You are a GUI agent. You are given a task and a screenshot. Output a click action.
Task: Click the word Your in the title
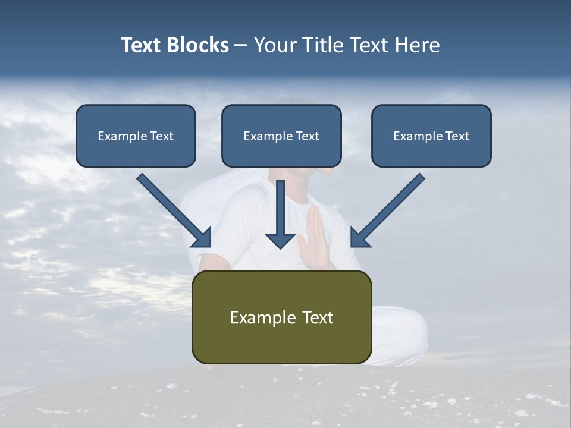click(275, 45)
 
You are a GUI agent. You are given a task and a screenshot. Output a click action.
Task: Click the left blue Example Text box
click(136, 136)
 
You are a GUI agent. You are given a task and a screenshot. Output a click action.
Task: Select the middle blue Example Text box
click(281, 136)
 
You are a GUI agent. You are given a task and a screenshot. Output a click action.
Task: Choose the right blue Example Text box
click(431, 136)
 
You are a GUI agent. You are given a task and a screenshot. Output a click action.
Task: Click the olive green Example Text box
click(281, 317)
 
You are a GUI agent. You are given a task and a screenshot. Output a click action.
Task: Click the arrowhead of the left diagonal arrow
click(202, 238)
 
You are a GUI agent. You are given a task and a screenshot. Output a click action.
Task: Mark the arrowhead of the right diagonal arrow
click(359, 238)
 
